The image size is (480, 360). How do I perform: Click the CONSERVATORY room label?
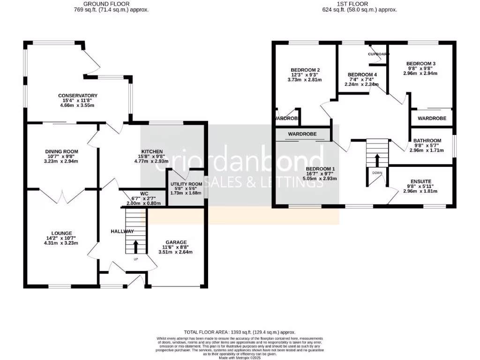coord(78,96)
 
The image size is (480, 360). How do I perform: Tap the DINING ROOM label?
coord(62,151)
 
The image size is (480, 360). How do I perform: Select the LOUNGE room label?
coord(62,233)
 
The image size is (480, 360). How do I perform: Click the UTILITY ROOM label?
coord(186,184)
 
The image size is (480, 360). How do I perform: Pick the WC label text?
coord(143,194)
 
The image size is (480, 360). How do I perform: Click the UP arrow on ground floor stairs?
coord(136,245)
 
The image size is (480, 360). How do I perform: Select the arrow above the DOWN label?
coord(377,161)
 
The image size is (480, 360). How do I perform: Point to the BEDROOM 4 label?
coord(362,75)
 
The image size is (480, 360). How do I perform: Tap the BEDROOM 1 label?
coord(321,169)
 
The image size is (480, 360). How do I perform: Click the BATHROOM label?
coord(427,141)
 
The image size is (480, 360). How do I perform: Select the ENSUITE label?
coord(420,181)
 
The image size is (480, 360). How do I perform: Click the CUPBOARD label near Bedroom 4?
coord(379,54)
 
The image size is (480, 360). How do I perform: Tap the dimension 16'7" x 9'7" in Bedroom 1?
coord(321,174)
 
